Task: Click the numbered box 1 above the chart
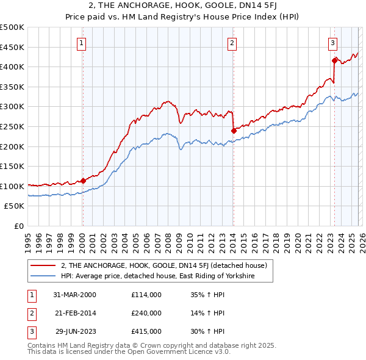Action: click(82, 43)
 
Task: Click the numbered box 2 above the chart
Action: click(232, 43)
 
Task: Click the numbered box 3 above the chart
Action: click(332, 43)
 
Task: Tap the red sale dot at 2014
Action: click(234, 130)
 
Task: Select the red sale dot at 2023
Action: click(334, 60)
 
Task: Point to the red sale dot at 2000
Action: click(84, 180)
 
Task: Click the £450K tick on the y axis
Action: click(12, 47)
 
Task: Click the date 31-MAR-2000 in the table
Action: click(74, 295)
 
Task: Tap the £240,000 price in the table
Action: click(146, 313)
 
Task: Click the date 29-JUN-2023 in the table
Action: click(76, 331)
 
